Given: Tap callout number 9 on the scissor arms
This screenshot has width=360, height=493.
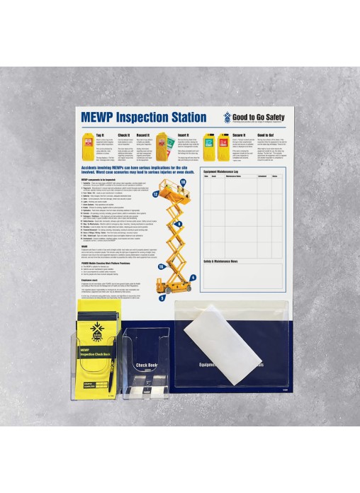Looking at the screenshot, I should pos(180,225).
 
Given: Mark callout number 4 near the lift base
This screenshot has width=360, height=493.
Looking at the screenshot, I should pos(193,278).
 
